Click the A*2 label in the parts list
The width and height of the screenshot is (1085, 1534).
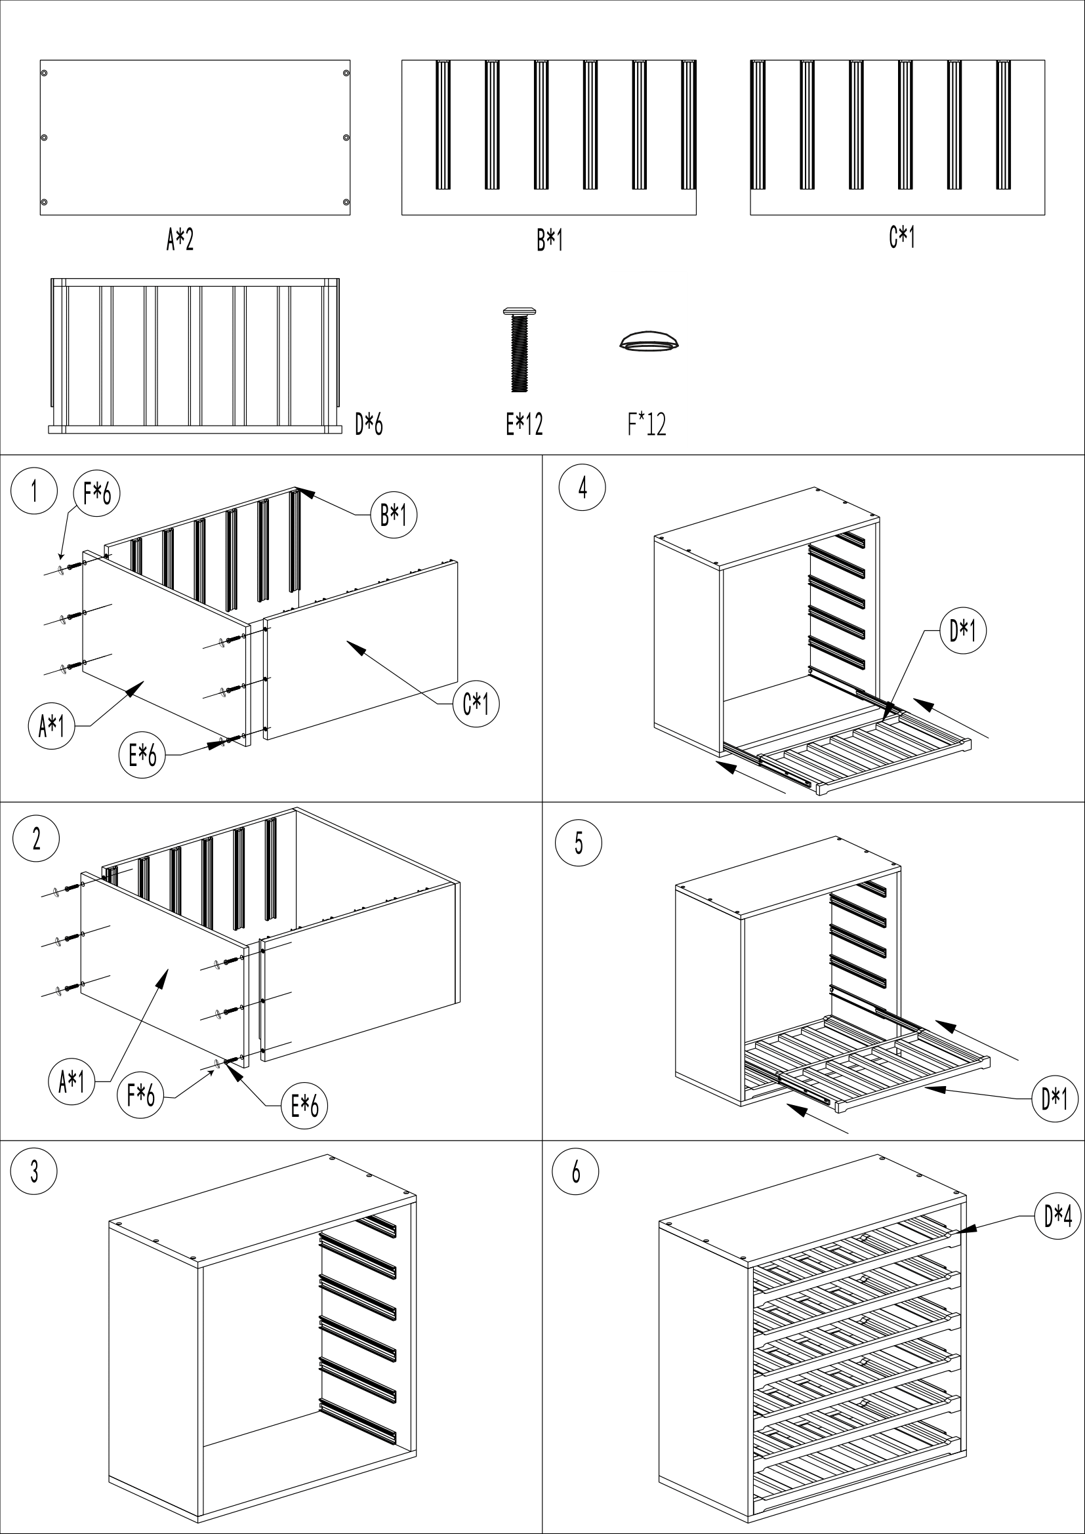[180, 239]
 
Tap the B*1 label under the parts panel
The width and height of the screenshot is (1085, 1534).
[549, 240]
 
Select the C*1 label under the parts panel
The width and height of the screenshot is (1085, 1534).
[901, 237]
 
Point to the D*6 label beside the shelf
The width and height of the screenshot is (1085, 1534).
[369, 424]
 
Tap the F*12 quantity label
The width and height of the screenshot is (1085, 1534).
[647, 424]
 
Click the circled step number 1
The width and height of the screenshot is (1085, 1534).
[34, 492]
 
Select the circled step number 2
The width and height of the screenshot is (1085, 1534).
[36, 839]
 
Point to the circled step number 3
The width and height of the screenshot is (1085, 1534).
[34, 1172]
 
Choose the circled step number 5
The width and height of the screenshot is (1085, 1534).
[579, 843]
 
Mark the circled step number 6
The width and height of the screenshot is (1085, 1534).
[576, 1172]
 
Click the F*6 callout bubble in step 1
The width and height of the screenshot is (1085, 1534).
[97, 495]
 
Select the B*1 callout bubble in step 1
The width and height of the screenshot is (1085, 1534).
[394, 515]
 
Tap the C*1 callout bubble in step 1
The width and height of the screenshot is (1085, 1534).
[476, 704]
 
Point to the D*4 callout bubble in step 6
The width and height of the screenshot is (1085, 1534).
[1057, 1217]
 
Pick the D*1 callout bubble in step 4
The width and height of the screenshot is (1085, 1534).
[963, 630]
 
